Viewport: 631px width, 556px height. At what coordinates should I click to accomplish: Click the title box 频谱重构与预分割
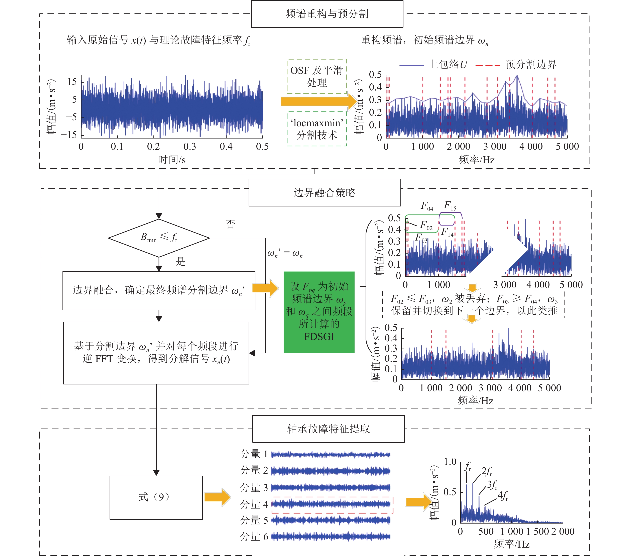point(327,14)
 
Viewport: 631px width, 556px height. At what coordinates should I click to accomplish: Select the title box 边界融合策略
point(325,193)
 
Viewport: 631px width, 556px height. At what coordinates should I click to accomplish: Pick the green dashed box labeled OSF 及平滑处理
point(317,76)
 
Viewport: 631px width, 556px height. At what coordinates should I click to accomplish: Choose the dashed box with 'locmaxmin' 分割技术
point(317,129)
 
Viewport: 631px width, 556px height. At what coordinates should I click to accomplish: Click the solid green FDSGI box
point(319,312)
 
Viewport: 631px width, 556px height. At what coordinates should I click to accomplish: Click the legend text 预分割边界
point(531,64)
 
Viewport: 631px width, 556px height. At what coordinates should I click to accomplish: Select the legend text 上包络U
point(448,64)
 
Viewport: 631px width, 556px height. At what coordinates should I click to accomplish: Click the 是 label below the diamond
point(181,262)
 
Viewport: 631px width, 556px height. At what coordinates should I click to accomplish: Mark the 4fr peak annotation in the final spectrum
point(503,495)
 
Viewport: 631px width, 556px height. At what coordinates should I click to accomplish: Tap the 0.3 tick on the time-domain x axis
point(190,146)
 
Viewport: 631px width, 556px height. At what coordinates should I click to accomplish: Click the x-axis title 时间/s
point(172,160)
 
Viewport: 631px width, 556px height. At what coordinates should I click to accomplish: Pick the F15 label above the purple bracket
point(450,205)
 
